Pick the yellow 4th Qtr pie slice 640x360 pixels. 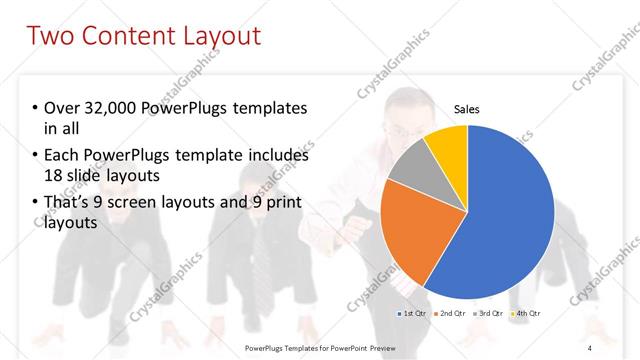point(447,146)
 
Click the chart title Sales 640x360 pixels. point(466,109)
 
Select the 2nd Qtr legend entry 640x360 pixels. point(449,314)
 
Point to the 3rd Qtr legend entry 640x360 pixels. point(487,314)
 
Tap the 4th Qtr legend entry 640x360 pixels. point(524,314)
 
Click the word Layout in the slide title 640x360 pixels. point(216,37)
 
